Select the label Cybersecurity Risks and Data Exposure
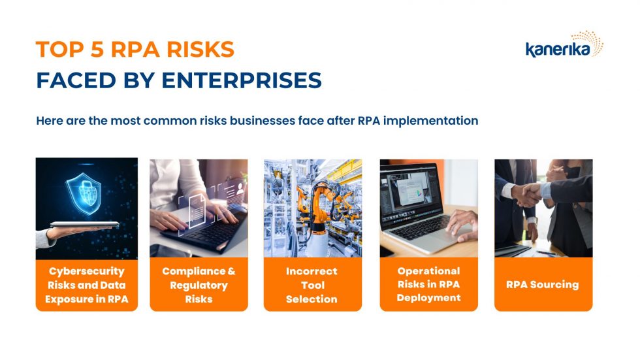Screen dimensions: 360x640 (x=86, y=285)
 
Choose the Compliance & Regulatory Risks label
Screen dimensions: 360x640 (x=199, y=285)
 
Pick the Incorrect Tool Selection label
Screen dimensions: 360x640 (x=312, y=285)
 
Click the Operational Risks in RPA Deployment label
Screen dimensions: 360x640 (x=428, y=284)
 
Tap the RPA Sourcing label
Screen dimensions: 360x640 (x=543, y=284)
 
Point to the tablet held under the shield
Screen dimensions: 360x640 (x=84, y=225)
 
